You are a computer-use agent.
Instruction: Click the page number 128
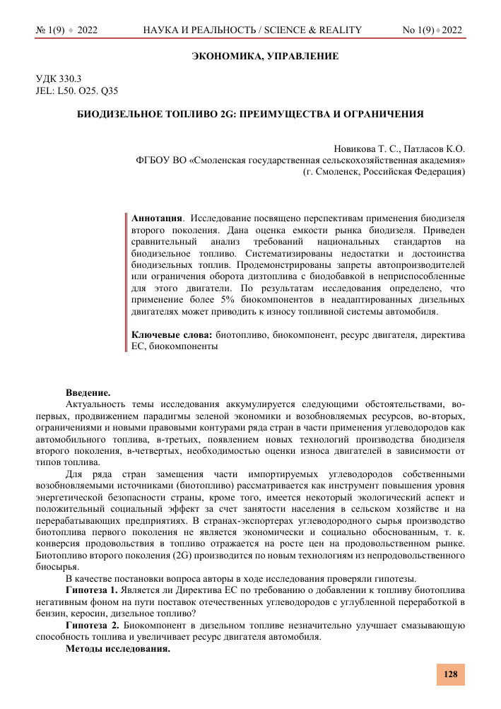tap(450, 674)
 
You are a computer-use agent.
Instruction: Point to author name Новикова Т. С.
tap(366, 149)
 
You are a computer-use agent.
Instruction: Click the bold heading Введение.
tap(88, 392)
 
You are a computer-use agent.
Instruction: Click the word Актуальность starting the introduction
tap(95, 404)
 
